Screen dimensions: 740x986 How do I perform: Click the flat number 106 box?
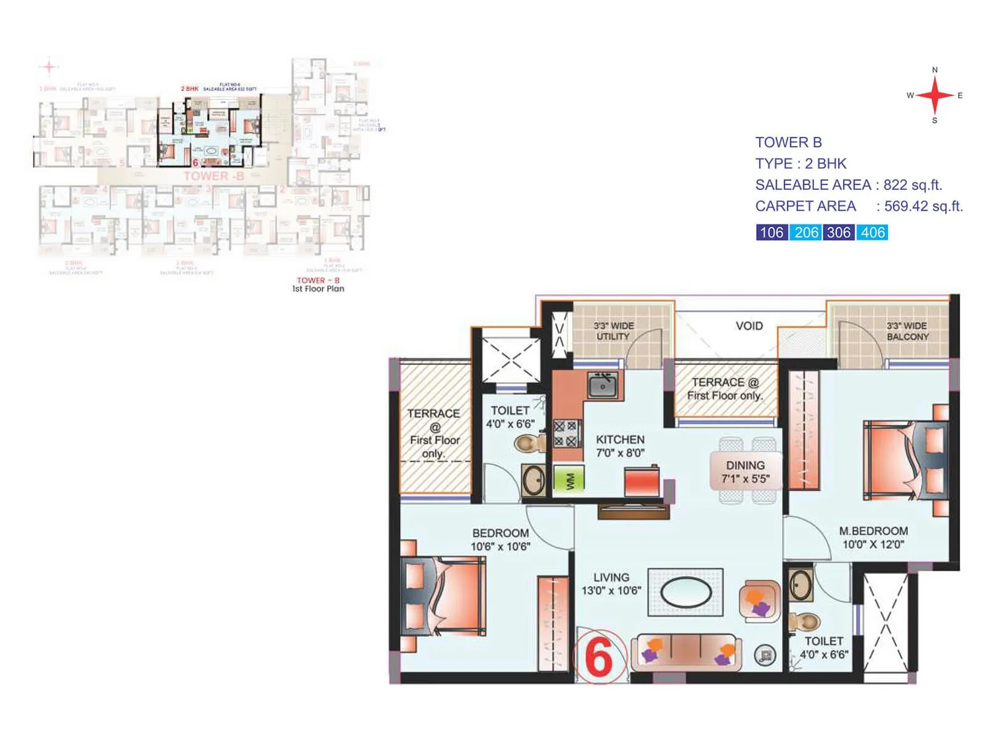(772, 232)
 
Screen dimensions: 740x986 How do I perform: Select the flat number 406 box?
(873, 232)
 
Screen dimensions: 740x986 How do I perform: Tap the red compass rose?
(935, 96)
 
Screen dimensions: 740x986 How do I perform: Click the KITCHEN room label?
(620, 446)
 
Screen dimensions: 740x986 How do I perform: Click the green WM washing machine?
(569, 479)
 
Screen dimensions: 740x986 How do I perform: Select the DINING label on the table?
(745, 472)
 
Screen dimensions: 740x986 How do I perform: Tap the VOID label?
(749, 326)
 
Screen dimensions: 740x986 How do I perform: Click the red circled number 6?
(598, 657)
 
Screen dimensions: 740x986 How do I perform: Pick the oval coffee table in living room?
(686, 593)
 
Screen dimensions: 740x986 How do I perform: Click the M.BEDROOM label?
(873, 537)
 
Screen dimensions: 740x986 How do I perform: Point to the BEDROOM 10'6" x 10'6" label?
(500, 540)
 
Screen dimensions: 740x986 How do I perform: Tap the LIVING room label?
(611, 583)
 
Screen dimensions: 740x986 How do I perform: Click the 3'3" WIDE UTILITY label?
(613, 331)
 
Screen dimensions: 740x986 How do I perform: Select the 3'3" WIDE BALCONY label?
(907, 331)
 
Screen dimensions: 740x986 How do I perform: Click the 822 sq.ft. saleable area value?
(913, 185)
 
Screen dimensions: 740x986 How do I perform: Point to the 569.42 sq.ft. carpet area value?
(923, 206)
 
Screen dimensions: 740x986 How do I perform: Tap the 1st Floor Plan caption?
(318, 289)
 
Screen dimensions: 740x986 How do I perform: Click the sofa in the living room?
(686, 651)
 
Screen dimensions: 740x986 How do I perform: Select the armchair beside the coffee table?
(759, 601)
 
